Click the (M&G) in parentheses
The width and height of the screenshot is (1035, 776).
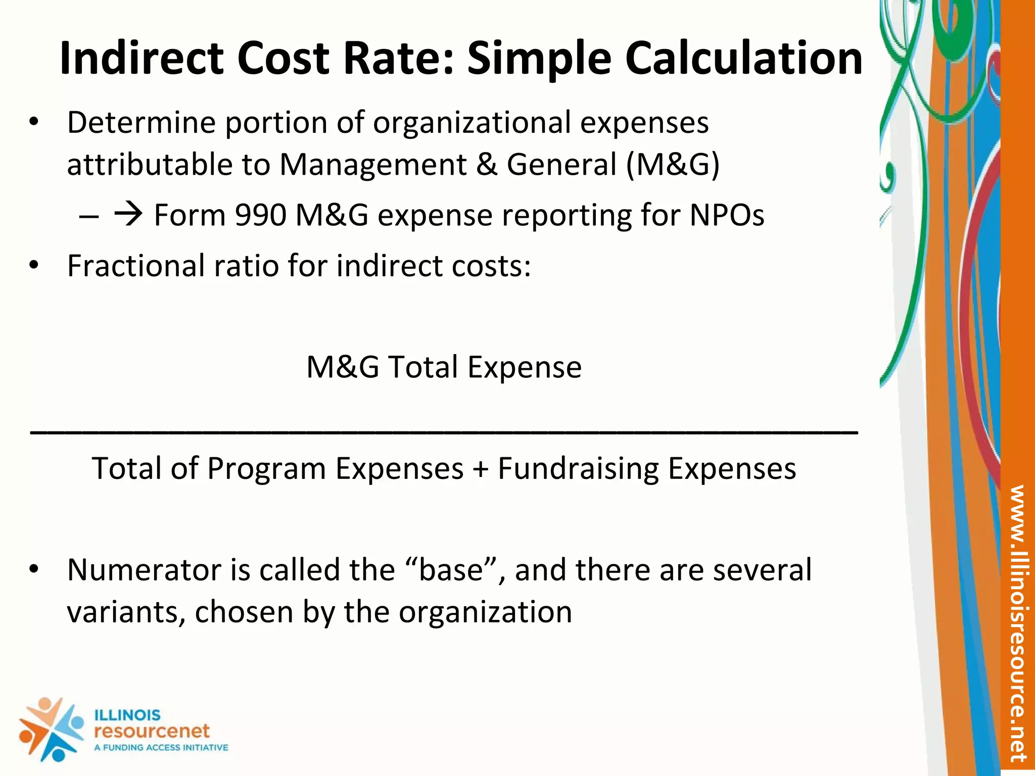coord(673,165)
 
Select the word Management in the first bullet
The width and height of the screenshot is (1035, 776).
coord(373,165)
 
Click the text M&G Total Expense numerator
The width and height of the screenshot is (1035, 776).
coord(444,367)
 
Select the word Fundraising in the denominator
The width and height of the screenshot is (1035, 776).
coord(578,469)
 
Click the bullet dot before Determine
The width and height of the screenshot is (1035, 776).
coord(34,123)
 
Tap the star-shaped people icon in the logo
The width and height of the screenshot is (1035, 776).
coord(51,730)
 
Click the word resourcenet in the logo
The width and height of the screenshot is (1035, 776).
coord(152,731)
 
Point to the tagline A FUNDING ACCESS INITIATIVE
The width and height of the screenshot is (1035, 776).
coord(161,748)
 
